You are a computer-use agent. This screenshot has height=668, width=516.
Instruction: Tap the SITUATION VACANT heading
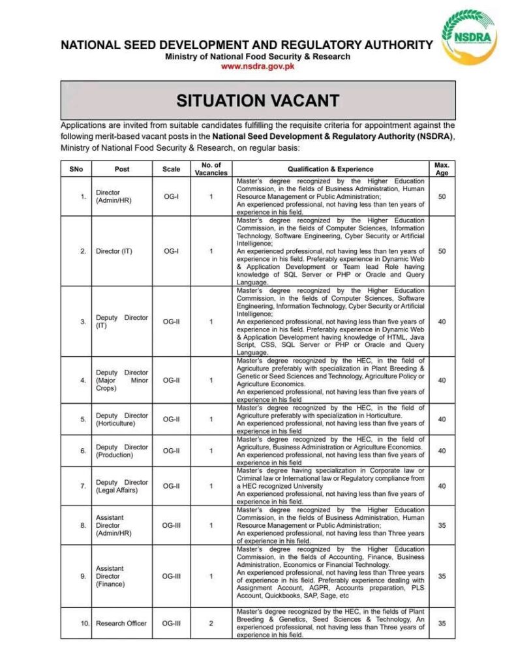pos(258,100)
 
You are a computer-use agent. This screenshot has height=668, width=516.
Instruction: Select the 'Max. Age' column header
pos(442,169)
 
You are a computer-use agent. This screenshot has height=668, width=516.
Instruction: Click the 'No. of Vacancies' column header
pos(211,169)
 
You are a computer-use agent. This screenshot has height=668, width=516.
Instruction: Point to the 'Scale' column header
pos(172,169)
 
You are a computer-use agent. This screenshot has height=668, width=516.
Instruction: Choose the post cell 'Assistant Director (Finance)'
pos(109,576)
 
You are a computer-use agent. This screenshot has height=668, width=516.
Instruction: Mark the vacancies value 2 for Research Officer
pos(211,624)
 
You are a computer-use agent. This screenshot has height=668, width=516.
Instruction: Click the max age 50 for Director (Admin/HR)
pos(442,196)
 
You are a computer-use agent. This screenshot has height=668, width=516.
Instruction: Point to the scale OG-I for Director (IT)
pos(172,251)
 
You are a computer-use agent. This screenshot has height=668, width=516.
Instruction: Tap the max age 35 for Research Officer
pos(442,624)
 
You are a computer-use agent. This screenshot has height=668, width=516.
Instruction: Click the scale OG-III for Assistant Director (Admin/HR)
pos(172,525)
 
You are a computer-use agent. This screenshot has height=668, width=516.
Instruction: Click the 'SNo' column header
pos(76,169)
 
